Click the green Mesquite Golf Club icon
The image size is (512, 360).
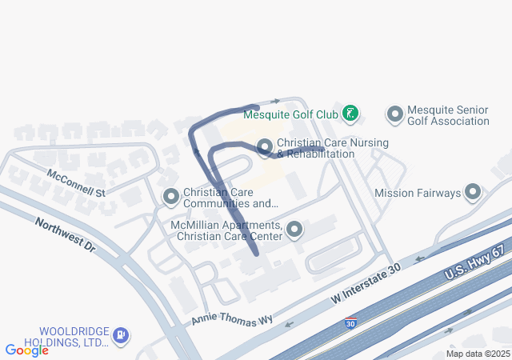coord(350,114)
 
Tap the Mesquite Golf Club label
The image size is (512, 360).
coord(290,114)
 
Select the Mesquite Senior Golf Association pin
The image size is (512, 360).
coord(394,114)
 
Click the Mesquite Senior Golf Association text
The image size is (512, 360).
coord(448,115)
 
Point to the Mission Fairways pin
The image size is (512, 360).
coord(473,192)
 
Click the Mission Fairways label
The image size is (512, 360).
coord(418,193)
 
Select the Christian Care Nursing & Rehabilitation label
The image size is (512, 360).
coord(333,148)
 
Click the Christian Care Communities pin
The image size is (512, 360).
coord(170,196)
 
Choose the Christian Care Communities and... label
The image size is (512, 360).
coord(230,198)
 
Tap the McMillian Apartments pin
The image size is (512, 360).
coord(295,230)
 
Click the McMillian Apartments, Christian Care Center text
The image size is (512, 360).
coord(226,230)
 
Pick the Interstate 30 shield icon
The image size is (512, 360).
coord(350,324)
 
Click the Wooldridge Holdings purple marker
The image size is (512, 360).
coord(120,335)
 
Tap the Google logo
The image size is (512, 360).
coord(26,350)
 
